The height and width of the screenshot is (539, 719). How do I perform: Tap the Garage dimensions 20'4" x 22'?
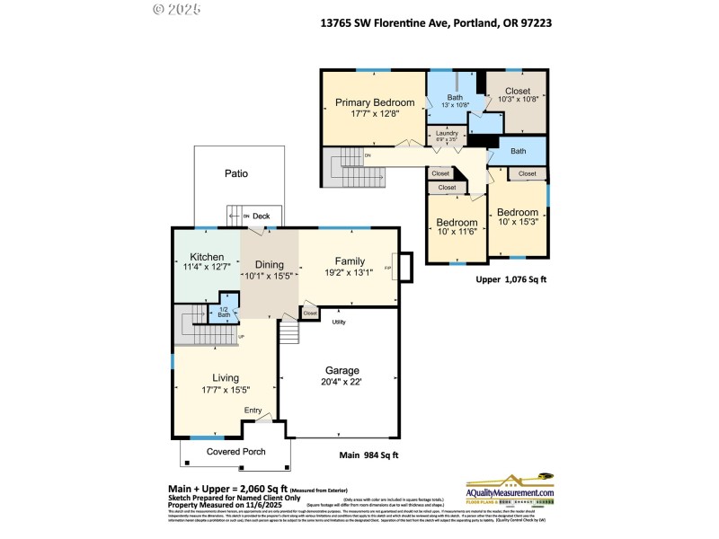pos(342,383)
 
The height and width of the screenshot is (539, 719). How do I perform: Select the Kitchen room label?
pos(206,257)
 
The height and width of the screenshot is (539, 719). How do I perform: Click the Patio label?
pos(236,173)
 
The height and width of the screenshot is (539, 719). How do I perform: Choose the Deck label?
pos(261,216)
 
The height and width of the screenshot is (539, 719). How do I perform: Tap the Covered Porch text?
pos(236,451)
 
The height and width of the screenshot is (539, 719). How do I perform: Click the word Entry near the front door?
pos(253,411)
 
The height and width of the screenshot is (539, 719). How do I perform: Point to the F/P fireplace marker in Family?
pos(388,268)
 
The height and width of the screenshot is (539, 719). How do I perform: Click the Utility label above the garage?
pos(339,321)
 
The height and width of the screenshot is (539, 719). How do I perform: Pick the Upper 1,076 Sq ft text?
pos(510,279)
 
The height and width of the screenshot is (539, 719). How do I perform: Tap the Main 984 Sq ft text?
pos(368,456)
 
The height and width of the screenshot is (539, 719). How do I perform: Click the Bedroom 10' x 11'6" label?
pos(457,227)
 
